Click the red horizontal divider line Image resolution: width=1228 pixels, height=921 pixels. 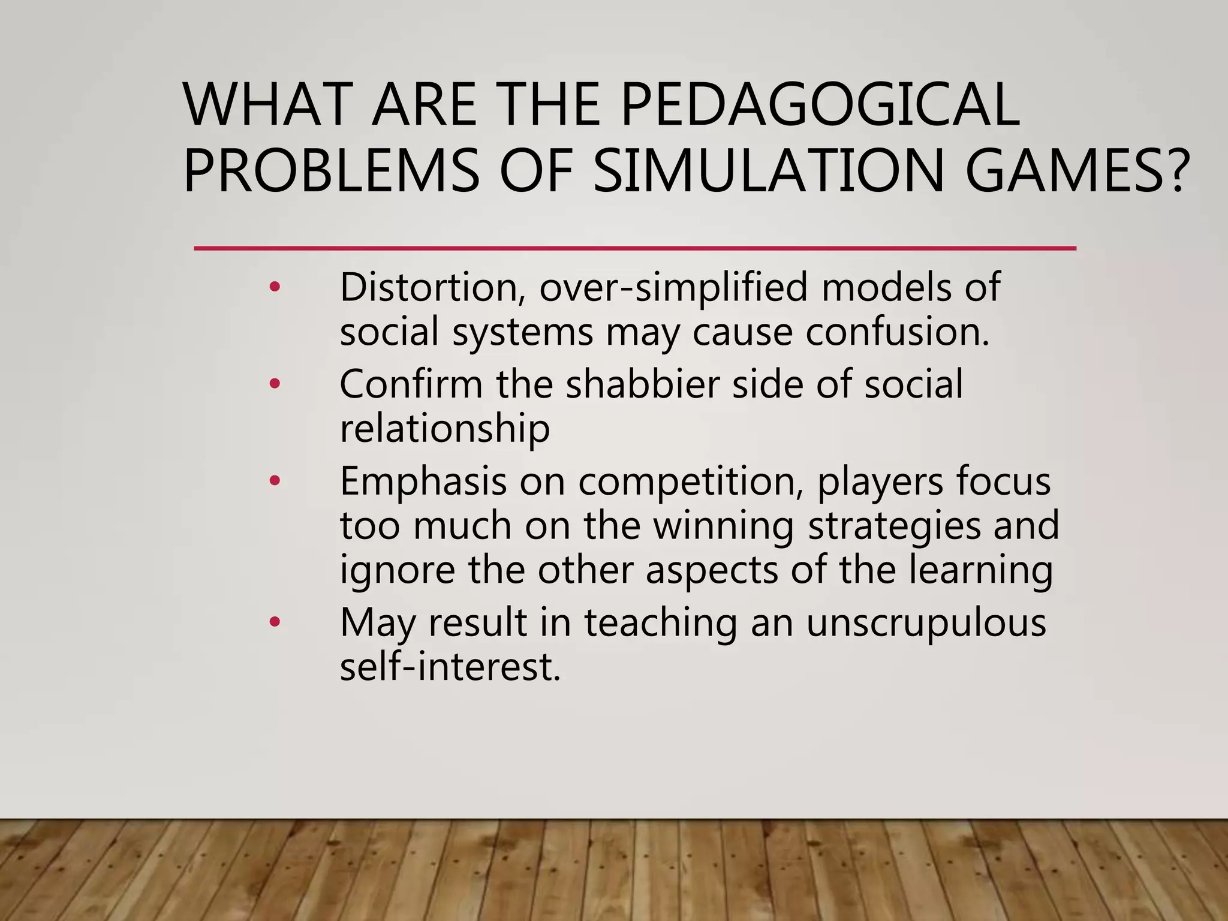tap(634, 248)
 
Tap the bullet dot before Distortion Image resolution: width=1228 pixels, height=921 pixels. tap(275, 287)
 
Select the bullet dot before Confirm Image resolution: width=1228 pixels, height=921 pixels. tap(275, 384)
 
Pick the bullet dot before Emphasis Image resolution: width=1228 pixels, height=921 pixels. tap(275, 480)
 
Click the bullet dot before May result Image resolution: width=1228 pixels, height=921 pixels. tap(275, 622)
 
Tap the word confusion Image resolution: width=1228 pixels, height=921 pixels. tap(897, 332)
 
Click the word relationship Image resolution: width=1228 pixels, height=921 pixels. tap(444, 429)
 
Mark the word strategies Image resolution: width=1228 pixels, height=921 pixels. tap(895, 526)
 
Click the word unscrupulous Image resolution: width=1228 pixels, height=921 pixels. tap(926, 623)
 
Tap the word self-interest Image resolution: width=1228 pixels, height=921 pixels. tap(450, 667)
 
